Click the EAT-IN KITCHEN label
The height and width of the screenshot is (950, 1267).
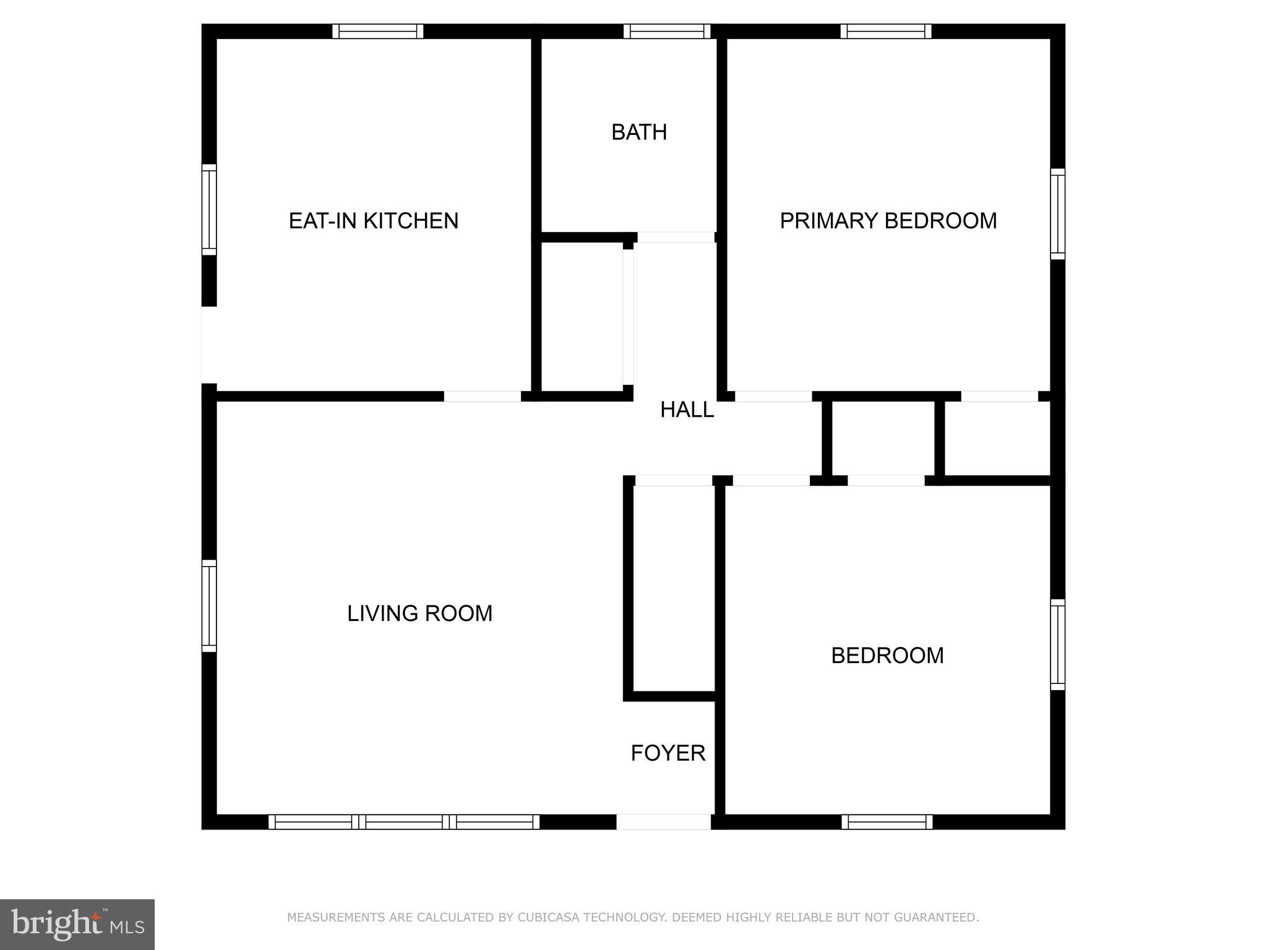coord(374,221)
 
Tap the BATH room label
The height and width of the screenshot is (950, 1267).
coord(639,132)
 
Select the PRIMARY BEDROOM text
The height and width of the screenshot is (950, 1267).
coord(888,221)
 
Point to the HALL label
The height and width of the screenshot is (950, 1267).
coord(687,409)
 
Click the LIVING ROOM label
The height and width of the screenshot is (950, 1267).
coord(419,614)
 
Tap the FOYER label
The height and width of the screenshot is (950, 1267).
coord(668,753)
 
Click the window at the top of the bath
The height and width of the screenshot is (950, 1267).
coord(667,31)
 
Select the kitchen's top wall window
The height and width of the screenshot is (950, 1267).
coord(378,31)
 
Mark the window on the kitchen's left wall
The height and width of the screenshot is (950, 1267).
coord(209,210)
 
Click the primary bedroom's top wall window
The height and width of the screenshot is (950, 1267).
coord(886,31)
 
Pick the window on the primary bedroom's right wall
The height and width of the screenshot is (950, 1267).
coord(1058,214)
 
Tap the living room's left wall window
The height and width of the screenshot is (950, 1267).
coord(209,606)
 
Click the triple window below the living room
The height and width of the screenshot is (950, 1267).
coord(404,822)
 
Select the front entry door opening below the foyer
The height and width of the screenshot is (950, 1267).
coord(663,822)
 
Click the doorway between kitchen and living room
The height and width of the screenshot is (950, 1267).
coord(483,396)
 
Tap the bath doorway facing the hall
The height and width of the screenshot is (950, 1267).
coord(676,237)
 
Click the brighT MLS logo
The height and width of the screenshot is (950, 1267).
coord(77,925)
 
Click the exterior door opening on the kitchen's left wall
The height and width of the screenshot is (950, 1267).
coord(209,345)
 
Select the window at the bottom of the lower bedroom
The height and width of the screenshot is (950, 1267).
coord(887,822)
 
